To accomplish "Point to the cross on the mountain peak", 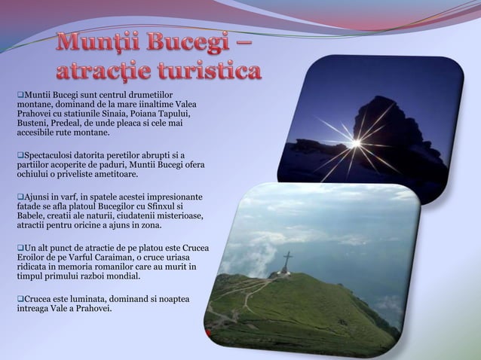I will [287, 262].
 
